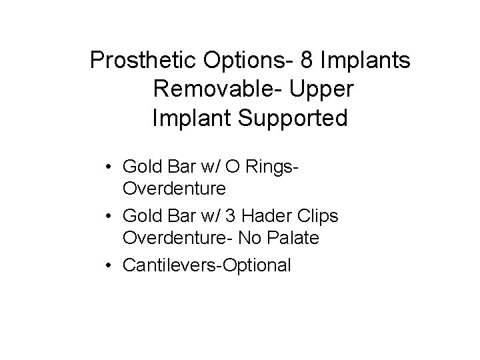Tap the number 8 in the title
coord(307,61)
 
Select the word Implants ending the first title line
coord(365,61)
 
